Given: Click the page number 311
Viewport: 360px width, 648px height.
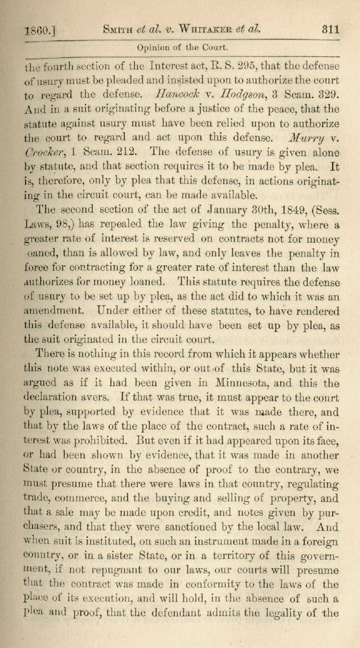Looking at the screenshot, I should click(x=331, y=30).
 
